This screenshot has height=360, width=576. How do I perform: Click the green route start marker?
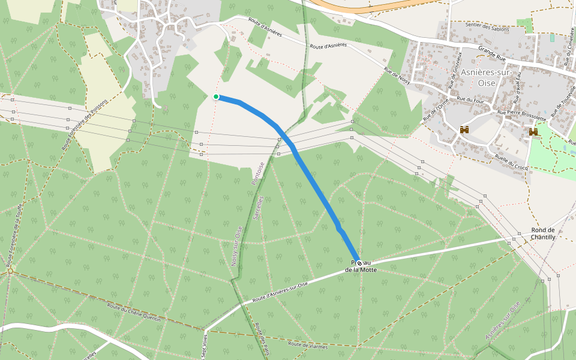216,97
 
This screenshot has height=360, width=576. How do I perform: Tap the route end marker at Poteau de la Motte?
359,263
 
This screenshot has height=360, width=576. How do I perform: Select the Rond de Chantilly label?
543,233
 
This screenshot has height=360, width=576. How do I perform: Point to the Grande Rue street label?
491,54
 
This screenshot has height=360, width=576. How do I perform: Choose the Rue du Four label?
470,99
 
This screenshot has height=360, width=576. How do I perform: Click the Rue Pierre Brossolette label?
521,115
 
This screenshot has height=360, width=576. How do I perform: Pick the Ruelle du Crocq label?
511,162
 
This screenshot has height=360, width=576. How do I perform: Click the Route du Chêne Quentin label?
134,313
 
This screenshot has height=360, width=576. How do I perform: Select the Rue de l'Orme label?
435,108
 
